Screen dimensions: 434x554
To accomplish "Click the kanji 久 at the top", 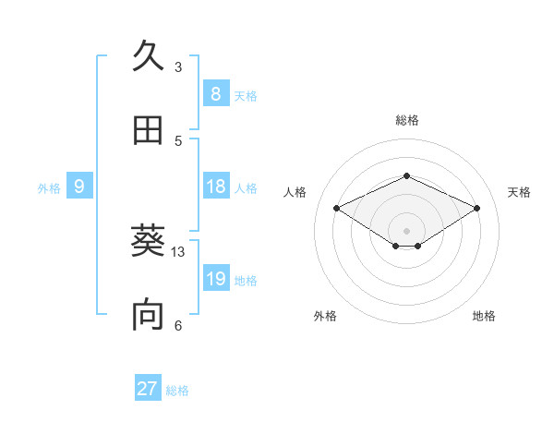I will click(148, 57).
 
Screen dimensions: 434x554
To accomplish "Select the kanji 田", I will click(148, 130).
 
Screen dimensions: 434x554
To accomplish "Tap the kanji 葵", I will click(148, 243).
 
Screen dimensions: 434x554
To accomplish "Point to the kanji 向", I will click(148, 315).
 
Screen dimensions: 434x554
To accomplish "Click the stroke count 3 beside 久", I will click(178, 67).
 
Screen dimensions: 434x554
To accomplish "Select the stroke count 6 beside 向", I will click(178, 325).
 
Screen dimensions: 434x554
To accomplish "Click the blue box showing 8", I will click(215, 93).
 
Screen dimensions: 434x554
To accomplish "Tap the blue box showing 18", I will click(215, 187).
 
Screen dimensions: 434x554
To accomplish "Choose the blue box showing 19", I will click(215, 279).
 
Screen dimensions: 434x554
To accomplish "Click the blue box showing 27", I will click(147, 389).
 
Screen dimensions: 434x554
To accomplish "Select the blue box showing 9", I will click(79, 187).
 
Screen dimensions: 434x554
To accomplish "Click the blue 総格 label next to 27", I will click(177, 391).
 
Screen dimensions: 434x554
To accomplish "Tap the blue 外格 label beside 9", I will click(49, 188).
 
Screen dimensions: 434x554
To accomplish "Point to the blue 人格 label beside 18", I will click(246, 188).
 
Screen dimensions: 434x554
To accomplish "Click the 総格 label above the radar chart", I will click(406, 120).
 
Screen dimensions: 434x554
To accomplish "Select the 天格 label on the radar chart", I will click(519, 192).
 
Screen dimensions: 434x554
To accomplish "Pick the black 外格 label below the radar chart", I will click(325, 316).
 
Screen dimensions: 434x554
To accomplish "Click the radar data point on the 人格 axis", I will click(337, 209).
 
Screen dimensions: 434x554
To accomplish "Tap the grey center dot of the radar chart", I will click(406, 230).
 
